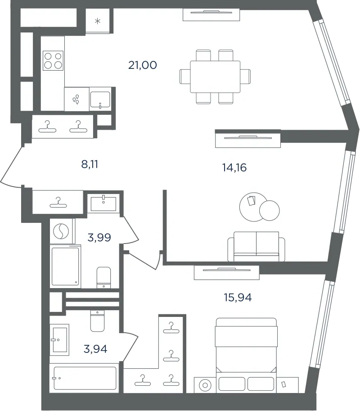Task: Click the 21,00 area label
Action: (143, 65)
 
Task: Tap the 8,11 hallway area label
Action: (90, 164)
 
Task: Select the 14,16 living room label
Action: (234, 167)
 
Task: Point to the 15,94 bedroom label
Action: (238, 297)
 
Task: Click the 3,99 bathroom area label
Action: (99, 238)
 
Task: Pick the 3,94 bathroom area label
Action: (95, 349)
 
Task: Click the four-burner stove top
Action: (53, 61)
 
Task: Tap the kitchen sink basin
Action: (100, 99)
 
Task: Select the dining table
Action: (215, 77)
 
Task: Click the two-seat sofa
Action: (256, 246)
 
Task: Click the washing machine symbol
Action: (61, 231)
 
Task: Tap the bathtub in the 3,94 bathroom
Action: (85, 378)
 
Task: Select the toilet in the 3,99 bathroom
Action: (104, 277)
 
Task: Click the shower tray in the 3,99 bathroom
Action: (65, 266)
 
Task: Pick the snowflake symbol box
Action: (98, 21)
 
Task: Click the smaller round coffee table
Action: (270, 210)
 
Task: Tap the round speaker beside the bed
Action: (205, 385)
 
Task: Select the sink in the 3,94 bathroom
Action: (60, 340)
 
